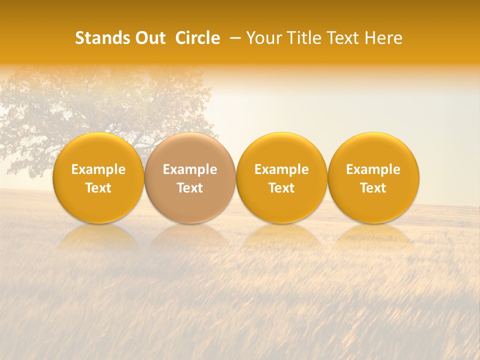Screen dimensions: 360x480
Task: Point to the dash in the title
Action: [x=233, y=38]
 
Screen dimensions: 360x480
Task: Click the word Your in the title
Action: [x=263, y=38]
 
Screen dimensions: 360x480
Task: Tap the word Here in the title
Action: [x=383, y=38]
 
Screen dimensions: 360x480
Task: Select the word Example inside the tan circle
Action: [x=190, y=169]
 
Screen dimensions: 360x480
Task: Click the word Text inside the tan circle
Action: [x=190, y=188]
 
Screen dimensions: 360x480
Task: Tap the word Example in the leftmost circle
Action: [x=98, y=169]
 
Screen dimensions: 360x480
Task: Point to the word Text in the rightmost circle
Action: [x=373, y=188]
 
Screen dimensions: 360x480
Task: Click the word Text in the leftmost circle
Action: [x=98, y=188]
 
